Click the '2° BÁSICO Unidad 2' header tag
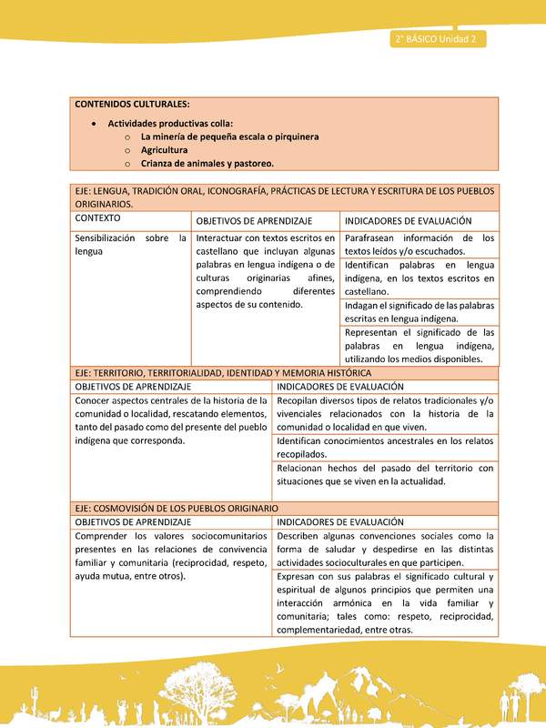click(x=437, y=39)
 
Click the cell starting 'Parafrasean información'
click(x=420, y=244)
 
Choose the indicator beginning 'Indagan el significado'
click(x=420, y=312)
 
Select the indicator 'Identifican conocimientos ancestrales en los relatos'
click(x=385, y=447)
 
